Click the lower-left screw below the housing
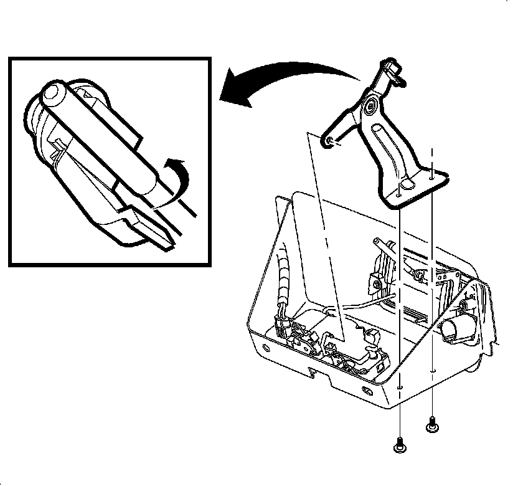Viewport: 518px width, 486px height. [x=399, y=445]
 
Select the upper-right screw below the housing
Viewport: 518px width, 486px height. [x=431, y=426]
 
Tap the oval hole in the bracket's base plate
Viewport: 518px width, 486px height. [x=408, y=184]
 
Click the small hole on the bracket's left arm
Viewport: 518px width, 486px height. [x=329, y=143]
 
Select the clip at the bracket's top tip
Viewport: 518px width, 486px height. [x=393, y=69]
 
